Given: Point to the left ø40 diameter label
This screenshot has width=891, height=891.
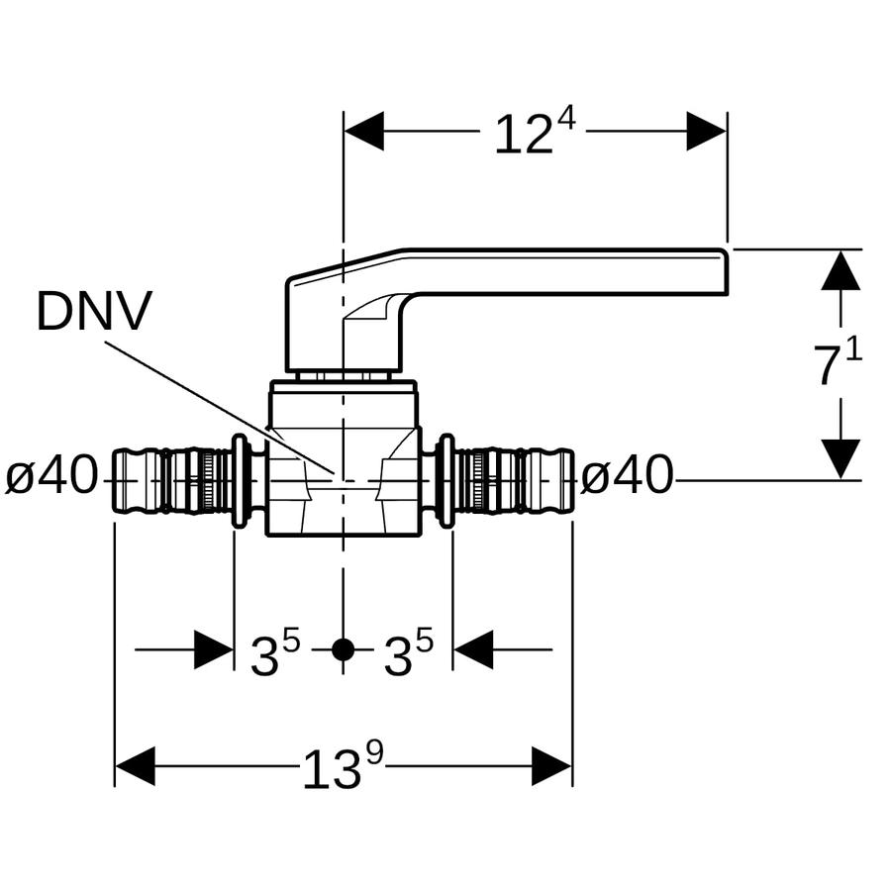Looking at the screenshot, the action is (51, 476).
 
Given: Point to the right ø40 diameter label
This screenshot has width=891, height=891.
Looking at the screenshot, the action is (627, 476).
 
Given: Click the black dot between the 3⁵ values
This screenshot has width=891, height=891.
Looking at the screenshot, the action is (343, 649).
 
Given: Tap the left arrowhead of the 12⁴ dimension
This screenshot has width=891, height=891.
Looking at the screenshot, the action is (363, 132).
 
